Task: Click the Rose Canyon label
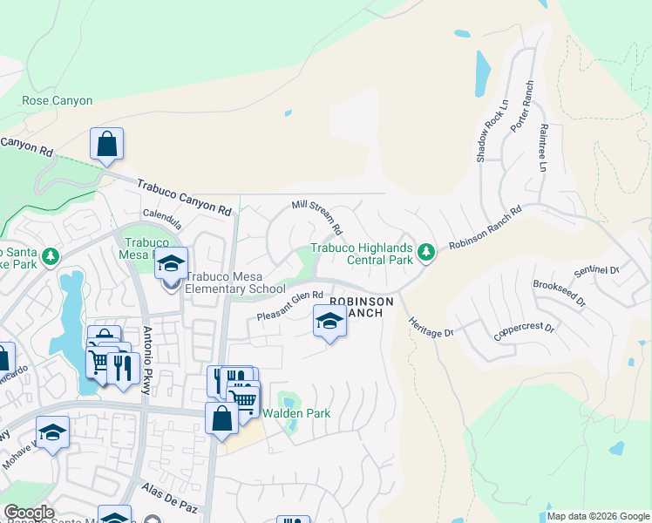pyautogui.click(x=58, y=100)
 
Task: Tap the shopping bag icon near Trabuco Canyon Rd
pyautogui.click(x=106, y=144)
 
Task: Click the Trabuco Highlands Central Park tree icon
pyautogui.click(x=425, y=253)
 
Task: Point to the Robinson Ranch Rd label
pyautogui.click(x=485, y=228)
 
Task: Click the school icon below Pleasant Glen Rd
pyautogui.click(x=329, y=322)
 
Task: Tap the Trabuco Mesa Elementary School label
pyautogui.click(x=234, y=289)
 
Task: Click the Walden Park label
pyautogui.click(x=296, y=413)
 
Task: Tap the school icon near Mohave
pyautogui.click(x=53, y=431)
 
